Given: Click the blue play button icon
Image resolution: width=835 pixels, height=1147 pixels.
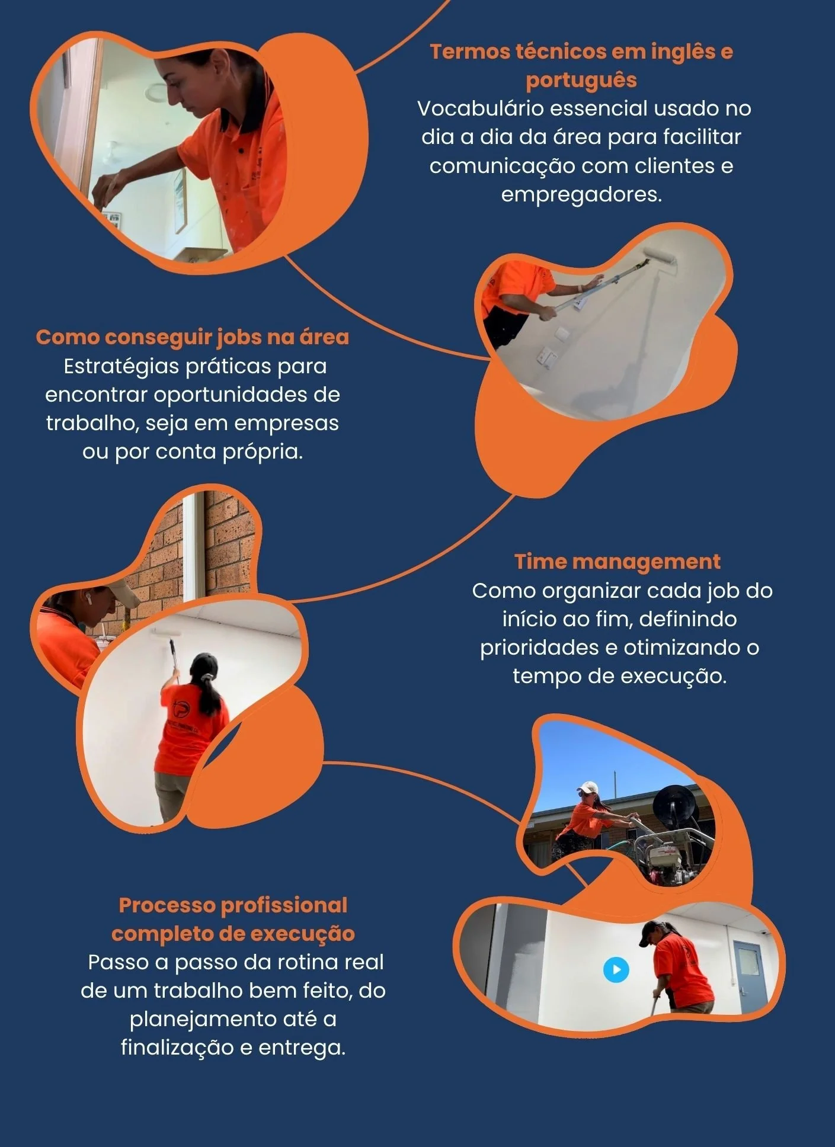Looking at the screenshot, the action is point(616,970).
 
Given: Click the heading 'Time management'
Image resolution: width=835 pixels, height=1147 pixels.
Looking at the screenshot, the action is point(617,561).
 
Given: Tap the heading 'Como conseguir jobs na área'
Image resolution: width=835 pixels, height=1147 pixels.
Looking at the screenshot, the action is point(193,337).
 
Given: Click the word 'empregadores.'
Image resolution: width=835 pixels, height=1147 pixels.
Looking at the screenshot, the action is point(581,194).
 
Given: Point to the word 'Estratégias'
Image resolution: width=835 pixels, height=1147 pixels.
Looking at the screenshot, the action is point(121,366).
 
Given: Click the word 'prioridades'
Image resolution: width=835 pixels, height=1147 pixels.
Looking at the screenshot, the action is point(539,648).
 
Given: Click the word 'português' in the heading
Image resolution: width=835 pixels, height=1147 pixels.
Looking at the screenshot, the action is point(581,81).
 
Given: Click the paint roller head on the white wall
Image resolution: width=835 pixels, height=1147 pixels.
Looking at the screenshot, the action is point(660,255).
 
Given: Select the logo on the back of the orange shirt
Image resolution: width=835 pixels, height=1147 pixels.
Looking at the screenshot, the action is point(182,709).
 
